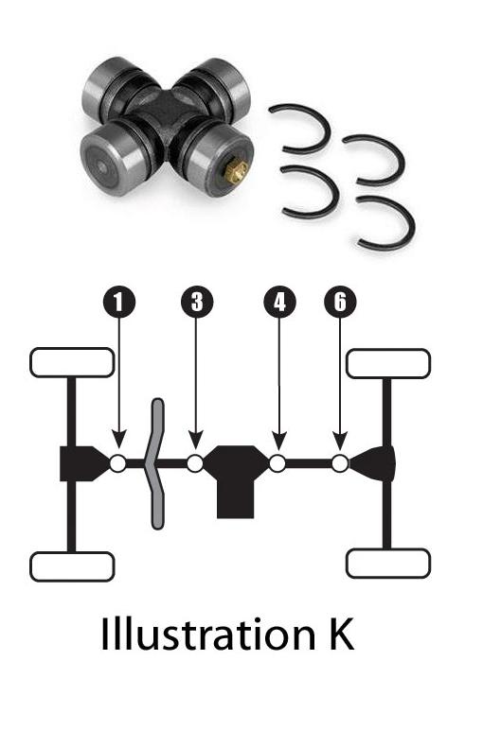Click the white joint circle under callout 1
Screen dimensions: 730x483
118,463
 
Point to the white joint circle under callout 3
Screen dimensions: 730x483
195,463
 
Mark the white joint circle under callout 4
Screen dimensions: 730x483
277,463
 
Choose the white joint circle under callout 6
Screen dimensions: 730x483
340,463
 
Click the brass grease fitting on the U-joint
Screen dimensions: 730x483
237,172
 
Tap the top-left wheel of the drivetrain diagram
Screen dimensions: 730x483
72,362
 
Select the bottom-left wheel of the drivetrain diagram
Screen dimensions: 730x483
72,566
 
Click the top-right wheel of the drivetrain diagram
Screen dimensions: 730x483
388,363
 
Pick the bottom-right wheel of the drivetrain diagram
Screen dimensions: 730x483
388,564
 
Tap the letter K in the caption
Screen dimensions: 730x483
338,635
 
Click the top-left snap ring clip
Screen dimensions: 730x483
301,127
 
